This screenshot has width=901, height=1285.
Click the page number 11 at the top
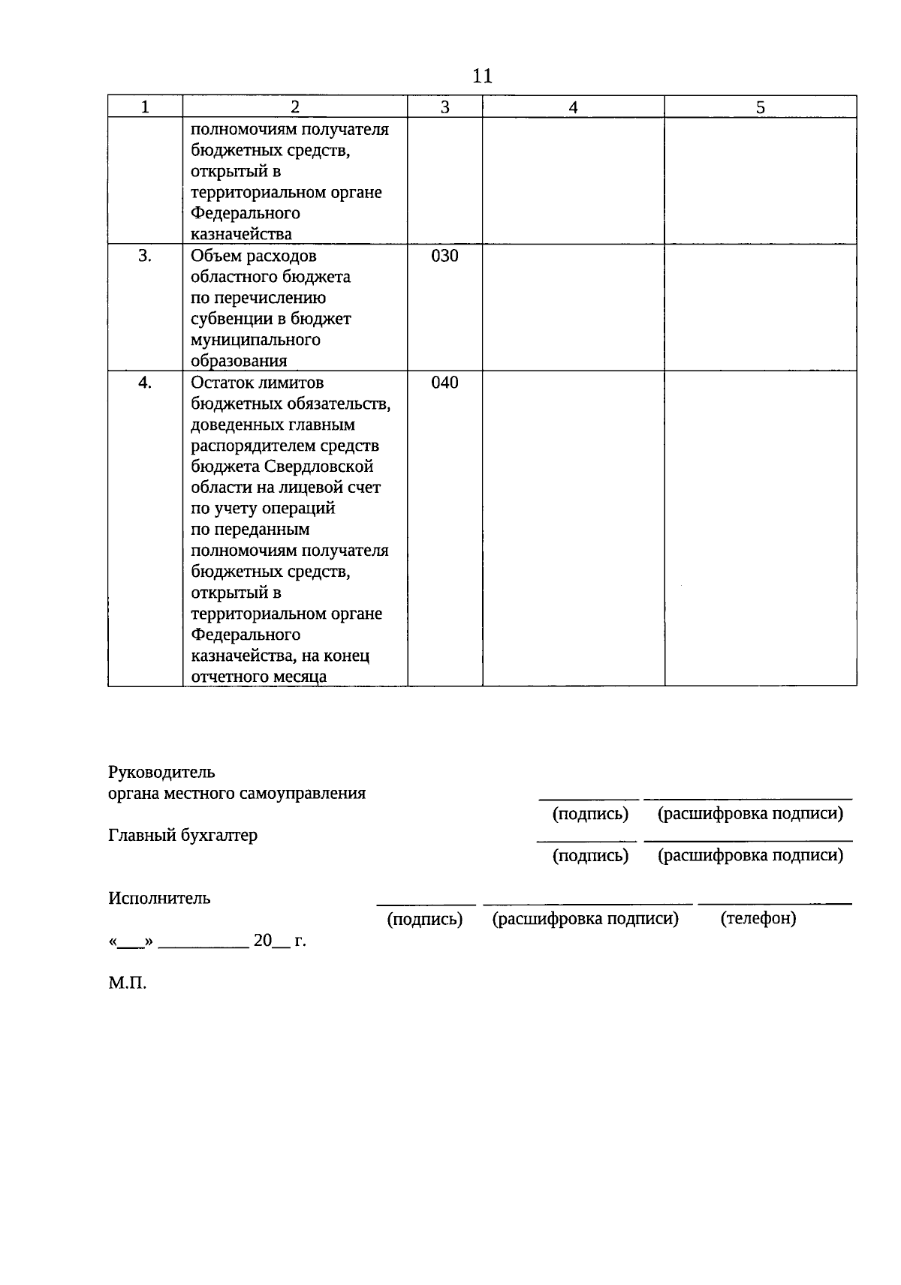click(482, 76)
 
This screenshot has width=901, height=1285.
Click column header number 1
click(145, 107)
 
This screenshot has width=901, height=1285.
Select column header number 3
click(444, 107)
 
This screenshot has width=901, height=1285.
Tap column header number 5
click(760, 107)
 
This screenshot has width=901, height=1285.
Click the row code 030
click(444, 256)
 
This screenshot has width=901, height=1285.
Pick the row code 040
click(444, 383)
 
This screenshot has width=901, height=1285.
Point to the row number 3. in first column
click(145, 256)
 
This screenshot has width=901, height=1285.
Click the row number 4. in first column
click(145, 383)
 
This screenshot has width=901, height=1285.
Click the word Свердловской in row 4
click(318, 467)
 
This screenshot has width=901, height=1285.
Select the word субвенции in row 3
click(227, 319)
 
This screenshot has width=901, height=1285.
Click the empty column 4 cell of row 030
click(573, 307)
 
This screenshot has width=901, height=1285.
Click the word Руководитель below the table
click(161, 772)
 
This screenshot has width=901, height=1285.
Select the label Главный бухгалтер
click(182, 835)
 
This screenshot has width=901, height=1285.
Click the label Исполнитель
click(159, 898)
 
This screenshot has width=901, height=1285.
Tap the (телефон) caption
click(758, 918)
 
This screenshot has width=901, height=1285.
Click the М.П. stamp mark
click(127, 983)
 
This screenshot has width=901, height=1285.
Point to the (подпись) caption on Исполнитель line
click(424, 919)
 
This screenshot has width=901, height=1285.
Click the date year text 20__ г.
click(279, 941)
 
